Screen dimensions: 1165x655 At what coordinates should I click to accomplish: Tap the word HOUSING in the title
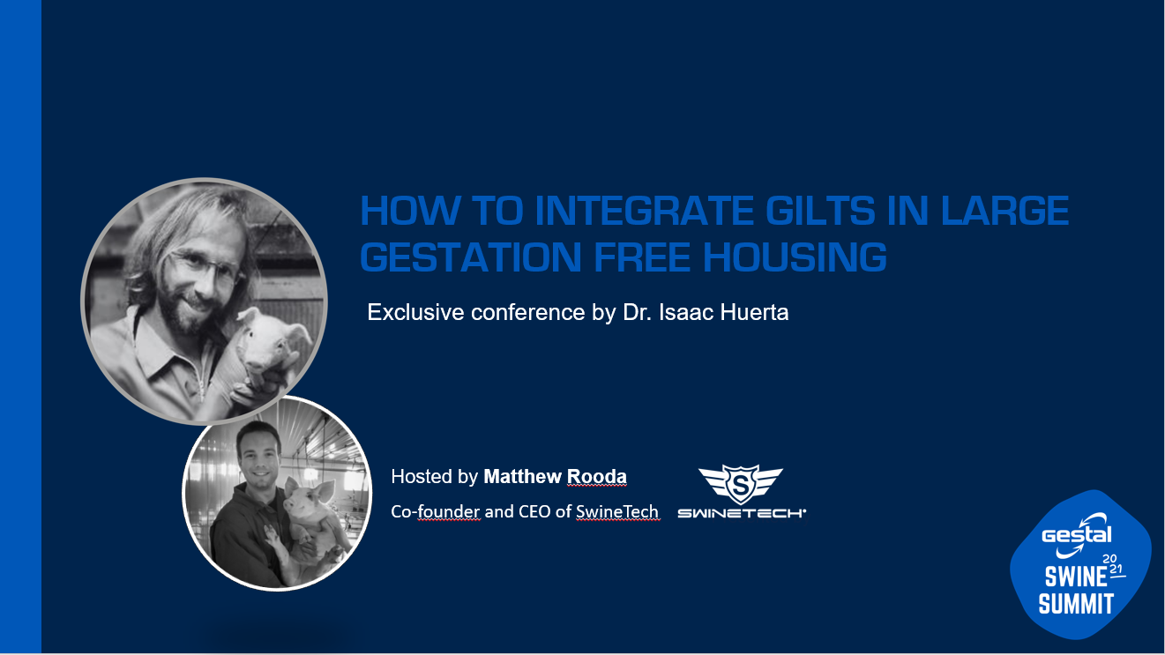(795, 257)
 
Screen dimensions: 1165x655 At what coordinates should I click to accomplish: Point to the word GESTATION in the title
(471, 257)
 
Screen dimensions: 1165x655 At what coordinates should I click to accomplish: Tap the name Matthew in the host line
(522, 477)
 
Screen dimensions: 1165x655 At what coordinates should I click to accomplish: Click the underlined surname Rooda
(596, 477)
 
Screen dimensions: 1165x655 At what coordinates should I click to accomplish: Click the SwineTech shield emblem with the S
(741, 483)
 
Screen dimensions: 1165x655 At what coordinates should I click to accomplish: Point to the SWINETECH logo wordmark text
(742, 514)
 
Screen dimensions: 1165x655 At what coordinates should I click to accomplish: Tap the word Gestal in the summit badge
(1076, 535)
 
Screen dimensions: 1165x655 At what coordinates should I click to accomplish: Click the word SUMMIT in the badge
(1076, 604)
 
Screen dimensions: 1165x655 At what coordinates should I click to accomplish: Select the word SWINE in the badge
(1076, 577)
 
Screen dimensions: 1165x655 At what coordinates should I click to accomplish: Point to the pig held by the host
(310, 525)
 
